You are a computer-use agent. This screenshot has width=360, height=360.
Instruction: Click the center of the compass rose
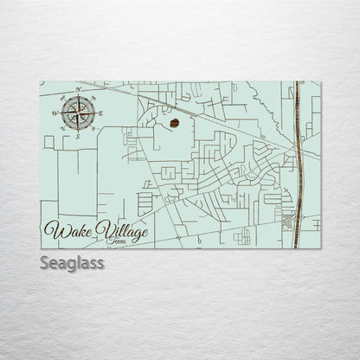(x=76, y=112)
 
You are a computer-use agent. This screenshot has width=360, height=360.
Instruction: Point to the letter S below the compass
(x=75, y=137)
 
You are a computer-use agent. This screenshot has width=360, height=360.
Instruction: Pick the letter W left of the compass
(x=54, y=113)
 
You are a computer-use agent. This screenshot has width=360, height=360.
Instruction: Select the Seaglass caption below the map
(x=72, y=263)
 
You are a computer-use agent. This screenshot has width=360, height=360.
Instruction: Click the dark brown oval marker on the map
(x=175, y=124)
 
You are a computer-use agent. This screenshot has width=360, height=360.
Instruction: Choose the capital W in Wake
(x=53, y=231)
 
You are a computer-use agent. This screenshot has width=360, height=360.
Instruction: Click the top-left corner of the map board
(x=41, y=82)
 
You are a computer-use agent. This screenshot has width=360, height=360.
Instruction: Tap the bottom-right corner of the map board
(x=321, y=248)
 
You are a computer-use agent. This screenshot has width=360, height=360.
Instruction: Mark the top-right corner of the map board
(x=321, y=82)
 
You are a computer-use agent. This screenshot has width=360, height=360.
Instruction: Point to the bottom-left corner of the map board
(x=41, y=248)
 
